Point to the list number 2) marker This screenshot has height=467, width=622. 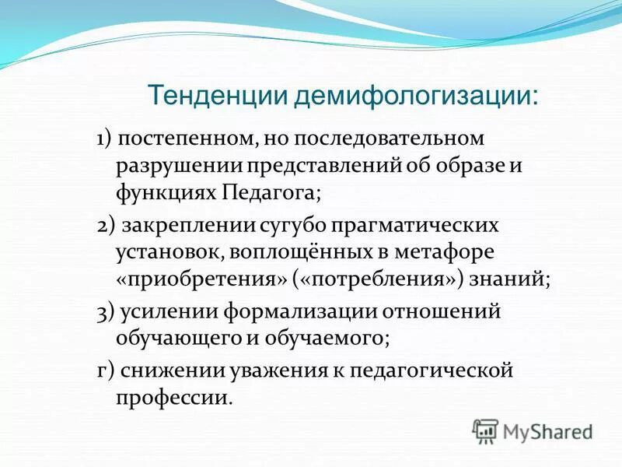click(107, 226)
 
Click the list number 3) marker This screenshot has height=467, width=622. click(107, 312)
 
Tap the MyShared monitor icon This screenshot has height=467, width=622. click(485, 429)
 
